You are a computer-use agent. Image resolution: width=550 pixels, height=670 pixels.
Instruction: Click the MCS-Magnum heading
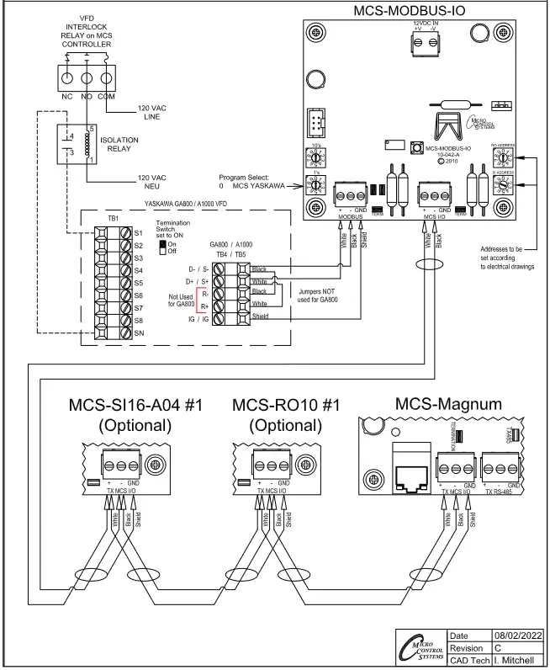point(450,404)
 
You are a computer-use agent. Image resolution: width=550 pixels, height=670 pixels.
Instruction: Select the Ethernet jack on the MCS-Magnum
point(409,478)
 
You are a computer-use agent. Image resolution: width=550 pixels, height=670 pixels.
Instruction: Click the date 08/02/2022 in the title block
point(517,635)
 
